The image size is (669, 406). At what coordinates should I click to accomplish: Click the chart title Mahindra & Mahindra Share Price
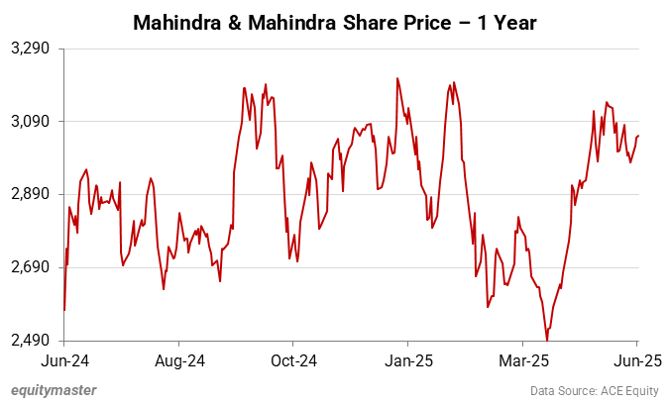[334, 21]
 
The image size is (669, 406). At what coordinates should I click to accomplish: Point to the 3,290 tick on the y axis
[35, 49]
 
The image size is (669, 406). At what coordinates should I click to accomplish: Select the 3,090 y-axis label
[35, 122]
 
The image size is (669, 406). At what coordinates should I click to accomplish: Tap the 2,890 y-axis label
[35, 195]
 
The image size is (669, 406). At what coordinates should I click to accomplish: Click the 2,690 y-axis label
[35, 268]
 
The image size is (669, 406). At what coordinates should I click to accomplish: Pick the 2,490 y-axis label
[35, 342]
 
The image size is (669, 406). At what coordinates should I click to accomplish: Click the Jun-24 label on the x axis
[64, 359]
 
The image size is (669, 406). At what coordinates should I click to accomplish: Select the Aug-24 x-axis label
[179, 359]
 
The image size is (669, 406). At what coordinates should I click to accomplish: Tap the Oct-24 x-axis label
[294, 359]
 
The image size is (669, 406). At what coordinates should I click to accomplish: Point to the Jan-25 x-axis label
[409, 359]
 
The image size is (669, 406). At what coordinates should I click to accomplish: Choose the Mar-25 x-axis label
[524, 359]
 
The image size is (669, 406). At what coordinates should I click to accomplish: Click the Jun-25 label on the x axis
[635, 359]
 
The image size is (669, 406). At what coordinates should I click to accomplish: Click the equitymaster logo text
[54, 390]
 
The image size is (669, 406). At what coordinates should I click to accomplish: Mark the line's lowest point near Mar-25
[547, 341]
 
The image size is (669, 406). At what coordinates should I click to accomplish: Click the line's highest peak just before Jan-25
[397, 78]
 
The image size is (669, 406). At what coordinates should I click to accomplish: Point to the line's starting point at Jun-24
[64, 310]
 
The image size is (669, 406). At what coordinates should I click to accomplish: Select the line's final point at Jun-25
[639, 136]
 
